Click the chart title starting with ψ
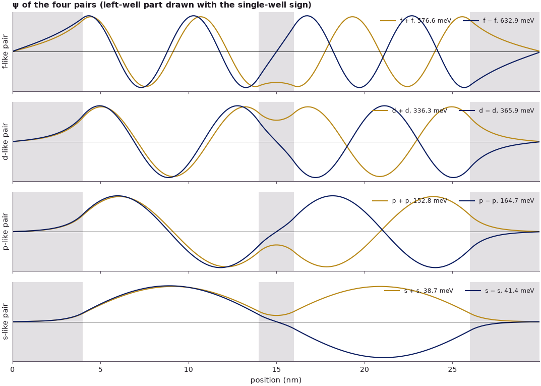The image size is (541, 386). [162, 5]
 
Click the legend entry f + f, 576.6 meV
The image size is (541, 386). [416, 21]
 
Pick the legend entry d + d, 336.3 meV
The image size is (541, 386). [410, 111]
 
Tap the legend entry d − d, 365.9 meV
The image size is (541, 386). [497, 111]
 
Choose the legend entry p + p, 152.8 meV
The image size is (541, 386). [409, 201]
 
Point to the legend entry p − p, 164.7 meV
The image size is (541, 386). [497, 201]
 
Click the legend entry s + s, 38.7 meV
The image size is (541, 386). [419, 291]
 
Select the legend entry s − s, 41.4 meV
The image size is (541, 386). [500, 291]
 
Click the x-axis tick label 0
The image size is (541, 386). [13, 370]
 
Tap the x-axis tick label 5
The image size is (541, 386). [101, 370]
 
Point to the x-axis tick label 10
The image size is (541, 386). [189, 370]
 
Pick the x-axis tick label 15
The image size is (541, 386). [276, 370]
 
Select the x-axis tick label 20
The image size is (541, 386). [365, 370]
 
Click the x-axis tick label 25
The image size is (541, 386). [452, 370]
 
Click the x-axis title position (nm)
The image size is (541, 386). [276, 380]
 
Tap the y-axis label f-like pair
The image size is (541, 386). [5, 52]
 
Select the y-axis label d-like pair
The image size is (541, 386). [5, 142]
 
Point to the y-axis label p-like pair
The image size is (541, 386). [5, 232]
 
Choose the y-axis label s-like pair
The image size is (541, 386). [5, 322]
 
